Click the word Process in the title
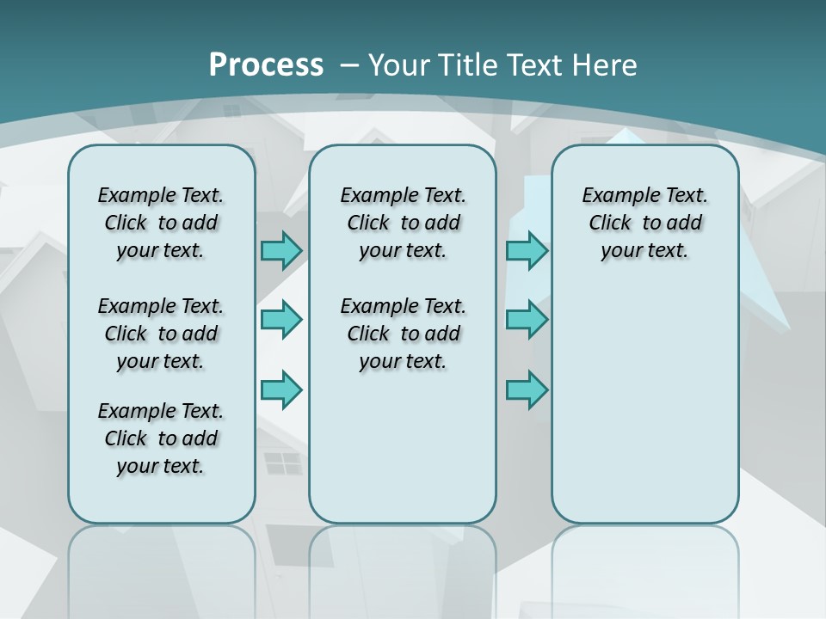(x=266, y=64)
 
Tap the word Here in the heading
(x=606, y=65)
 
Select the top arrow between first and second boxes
(x=281, y=250)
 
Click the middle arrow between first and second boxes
(x=281, y=320)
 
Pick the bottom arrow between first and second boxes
(x=281, y=389)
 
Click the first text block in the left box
(x=161, y=223)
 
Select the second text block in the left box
(x=161, y=334)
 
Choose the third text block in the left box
(x=161, y=438)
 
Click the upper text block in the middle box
(x=403, y=223)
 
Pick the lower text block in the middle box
(x=403, y=334)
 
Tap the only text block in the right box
(x=644, y=223)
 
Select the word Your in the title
(x=400, y=65)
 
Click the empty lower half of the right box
(x=644, y=413)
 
